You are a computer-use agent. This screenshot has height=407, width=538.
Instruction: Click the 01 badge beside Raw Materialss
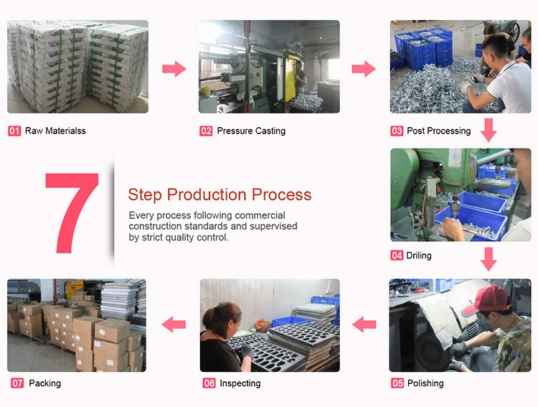click(x=14, y=131)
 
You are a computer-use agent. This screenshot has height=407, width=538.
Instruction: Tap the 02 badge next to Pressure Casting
click(x=206, y=131)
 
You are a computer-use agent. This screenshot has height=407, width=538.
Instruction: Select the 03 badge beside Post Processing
click(x=397, y=131)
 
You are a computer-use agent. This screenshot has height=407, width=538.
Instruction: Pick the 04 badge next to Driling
click(x=397, y=256)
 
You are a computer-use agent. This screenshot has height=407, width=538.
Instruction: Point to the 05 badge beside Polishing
click(x=397, y=383)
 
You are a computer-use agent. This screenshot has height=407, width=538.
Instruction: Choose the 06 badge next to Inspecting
click(x=209, y=383)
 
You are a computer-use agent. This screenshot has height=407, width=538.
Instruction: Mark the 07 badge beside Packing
click(x=17, y=383)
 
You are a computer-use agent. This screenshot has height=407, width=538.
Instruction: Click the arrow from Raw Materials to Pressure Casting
click(x=174, y=69)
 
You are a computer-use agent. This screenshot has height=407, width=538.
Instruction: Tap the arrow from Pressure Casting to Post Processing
click(x=364, y=69)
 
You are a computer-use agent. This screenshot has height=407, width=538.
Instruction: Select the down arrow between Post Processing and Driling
click(x=489, y=130)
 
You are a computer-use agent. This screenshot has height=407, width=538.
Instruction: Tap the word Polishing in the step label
click(x=425, y=383)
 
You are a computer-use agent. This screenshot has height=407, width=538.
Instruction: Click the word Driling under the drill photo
click(x=419, y=256)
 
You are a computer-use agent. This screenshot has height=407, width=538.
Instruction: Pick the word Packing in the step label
click(x=44, y=383)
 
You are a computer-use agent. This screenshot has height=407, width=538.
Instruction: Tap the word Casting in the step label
click(x=270, y=131)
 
